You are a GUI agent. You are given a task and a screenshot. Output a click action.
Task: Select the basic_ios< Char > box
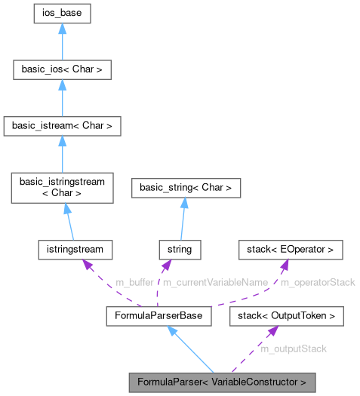pos(62,71)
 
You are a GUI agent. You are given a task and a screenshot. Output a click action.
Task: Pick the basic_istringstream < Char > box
pos(62,186)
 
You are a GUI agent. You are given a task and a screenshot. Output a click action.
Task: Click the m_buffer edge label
pos(134,281)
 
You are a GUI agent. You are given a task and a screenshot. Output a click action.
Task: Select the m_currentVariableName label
pos(217,281)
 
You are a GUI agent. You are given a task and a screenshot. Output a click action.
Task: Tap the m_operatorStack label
pos(317,281)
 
